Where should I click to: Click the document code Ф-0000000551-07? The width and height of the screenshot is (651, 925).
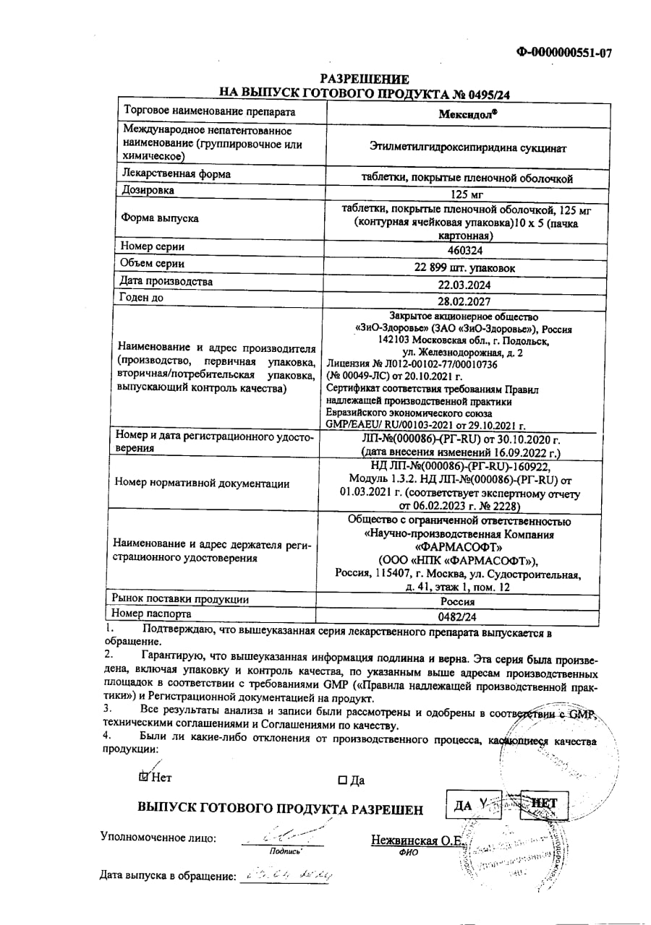(x=563, y=52)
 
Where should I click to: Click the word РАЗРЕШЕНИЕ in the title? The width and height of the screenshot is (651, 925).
(x=365, y=79)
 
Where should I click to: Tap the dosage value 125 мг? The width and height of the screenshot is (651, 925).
(x=466, y=194)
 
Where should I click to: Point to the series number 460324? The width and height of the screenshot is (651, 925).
(x=466, y=250)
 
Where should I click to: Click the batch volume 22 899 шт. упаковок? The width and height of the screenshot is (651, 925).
(x=466, y=267)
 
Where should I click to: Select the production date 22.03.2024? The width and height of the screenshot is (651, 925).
(x=466, y=285)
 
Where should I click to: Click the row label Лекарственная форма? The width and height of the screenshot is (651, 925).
(x=177, y=173)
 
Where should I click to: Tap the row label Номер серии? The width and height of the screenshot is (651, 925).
(x=153, y=246)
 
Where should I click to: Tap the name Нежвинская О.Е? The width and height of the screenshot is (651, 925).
(x=418, y=840)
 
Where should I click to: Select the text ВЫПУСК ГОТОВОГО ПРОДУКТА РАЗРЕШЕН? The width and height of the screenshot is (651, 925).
(x=280, y=809)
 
